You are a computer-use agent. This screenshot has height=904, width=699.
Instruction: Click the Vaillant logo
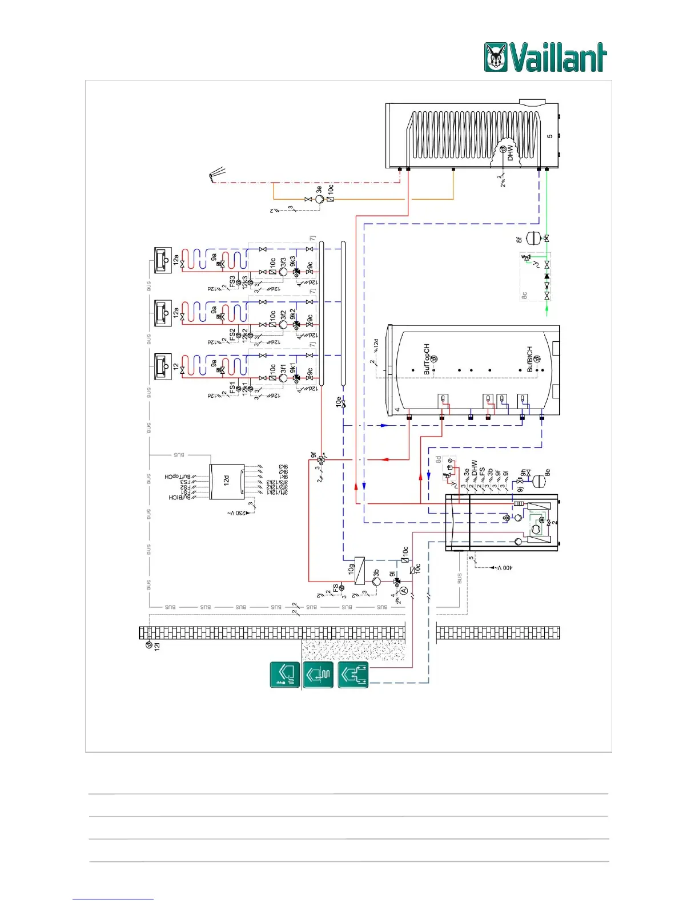545,58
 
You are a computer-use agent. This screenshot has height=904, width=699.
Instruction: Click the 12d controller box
227,482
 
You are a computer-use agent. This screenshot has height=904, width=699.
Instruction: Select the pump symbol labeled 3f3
283,272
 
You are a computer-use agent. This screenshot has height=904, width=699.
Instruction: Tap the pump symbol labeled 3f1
283,378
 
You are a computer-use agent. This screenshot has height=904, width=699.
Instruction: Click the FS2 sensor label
232,335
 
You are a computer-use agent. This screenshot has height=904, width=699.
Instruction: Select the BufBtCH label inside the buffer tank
530,359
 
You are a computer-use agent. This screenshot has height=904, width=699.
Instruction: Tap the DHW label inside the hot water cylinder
511,152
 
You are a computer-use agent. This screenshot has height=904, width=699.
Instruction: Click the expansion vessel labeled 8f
532,237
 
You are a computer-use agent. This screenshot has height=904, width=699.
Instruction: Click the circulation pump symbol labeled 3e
320,199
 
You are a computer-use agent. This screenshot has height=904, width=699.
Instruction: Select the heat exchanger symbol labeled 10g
360,570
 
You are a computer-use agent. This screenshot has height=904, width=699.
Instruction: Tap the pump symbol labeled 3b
376,582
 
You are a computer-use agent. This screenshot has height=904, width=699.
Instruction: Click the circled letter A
403,590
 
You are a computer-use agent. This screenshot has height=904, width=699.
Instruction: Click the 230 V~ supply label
238,513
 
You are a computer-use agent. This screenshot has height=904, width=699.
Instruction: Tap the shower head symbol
217,173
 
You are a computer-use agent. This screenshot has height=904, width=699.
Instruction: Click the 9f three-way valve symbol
322,459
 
